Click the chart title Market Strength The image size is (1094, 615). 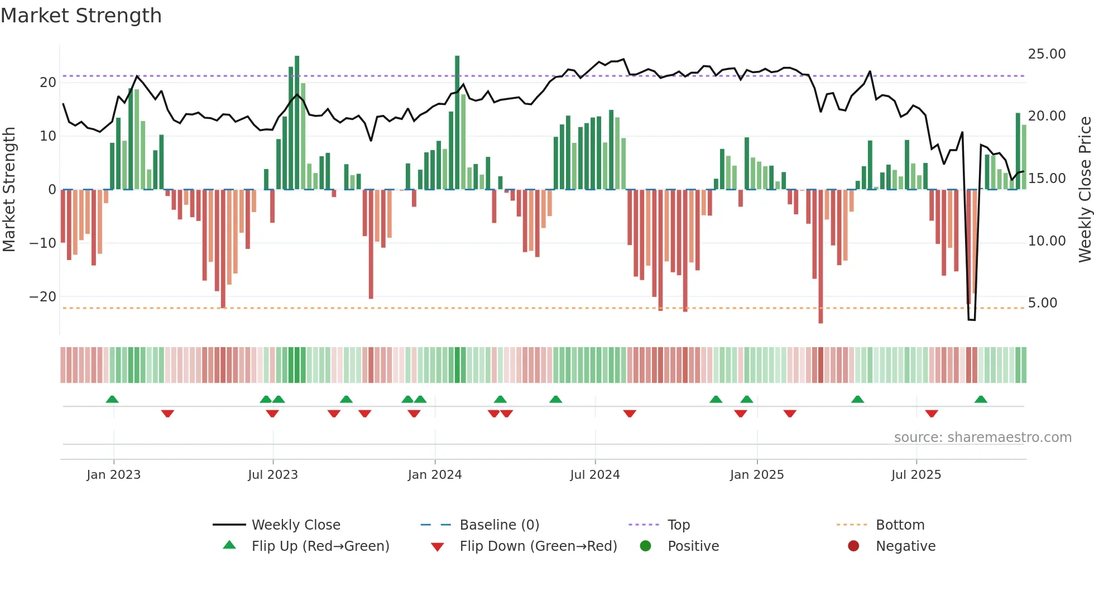[x=81, y=16]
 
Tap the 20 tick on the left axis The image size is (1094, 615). [x=48, y=83]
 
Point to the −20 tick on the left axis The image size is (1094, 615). [x=43, y=297]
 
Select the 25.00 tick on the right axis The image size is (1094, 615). [x=1047, y=54]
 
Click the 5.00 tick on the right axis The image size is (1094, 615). [x=1042, y=303]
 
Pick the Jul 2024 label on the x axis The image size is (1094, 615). [x=594, y=475]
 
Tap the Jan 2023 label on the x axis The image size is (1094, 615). [x=113, y=475]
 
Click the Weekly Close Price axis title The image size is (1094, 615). [x=1085, y=190]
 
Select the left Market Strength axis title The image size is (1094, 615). [x=9, y=190]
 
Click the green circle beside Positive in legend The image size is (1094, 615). [x=645, y=546]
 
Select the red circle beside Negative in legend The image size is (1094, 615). [x=853, y=546]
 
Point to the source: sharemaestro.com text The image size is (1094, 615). [x=982, y=438]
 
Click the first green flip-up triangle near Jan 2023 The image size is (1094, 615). [x=112, y=400]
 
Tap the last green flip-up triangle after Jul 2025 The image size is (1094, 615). [x=981, y=400]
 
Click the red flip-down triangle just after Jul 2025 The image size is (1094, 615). [x=932, y=414]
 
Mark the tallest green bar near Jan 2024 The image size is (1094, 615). [x=457, y=123]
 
